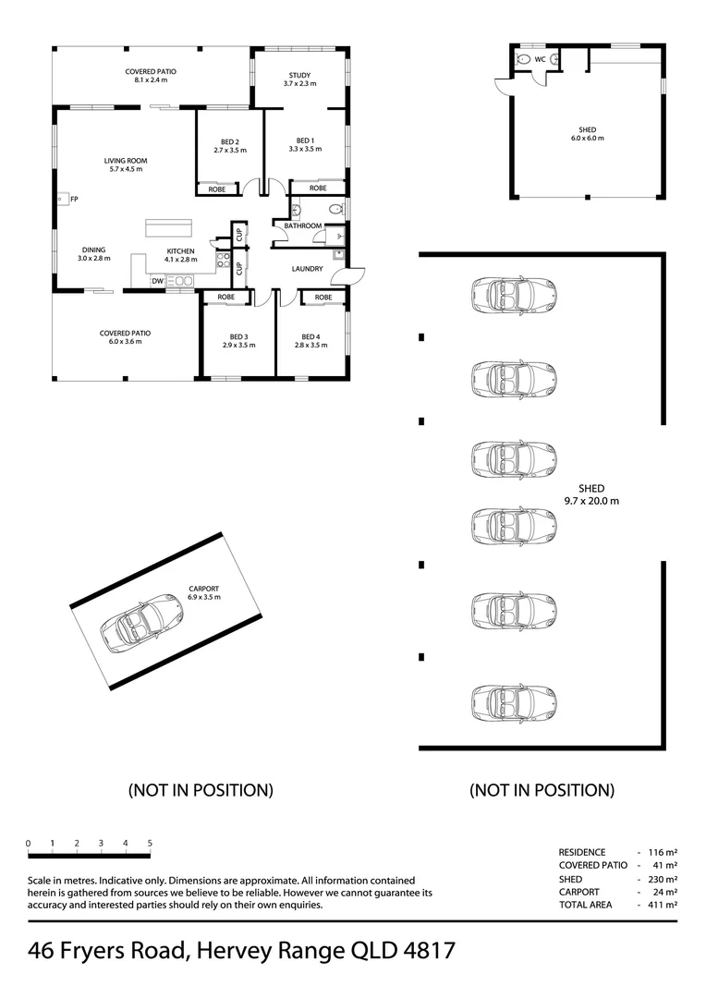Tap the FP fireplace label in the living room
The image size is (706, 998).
coord(74,199)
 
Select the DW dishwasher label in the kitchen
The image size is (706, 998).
coord(158,281)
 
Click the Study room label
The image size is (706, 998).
coord(299,76)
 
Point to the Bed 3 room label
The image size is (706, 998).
coord(238,336)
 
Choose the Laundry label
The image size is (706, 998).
coord(306,269)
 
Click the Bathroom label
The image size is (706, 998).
coord(302,225)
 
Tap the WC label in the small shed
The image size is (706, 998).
coord(540,59)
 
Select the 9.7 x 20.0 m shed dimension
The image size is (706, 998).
coord(590,501)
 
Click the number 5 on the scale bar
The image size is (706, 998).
coord(150,843)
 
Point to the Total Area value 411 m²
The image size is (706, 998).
coord(663,906)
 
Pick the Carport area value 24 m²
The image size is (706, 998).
coord(665,893)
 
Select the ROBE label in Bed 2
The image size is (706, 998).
coord(217,189)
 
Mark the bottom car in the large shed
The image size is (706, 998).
coord(514,702)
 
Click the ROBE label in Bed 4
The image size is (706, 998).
coord(323,298)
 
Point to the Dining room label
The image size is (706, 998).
coord(93,249)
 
